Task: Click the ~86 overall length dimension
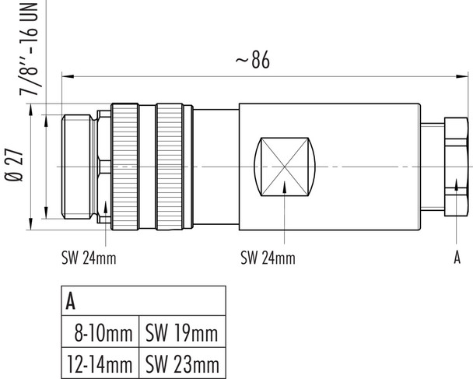tap(251, 61)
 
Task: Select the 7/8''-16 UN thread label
tap(31, 48)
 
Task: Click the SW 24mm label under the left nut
tap(88, 258)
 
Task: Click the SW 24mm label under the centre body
tap(268, 258)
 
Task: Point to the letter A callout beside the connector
tap(457, 258)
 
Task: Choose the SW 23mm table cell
tap(181, 363)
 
